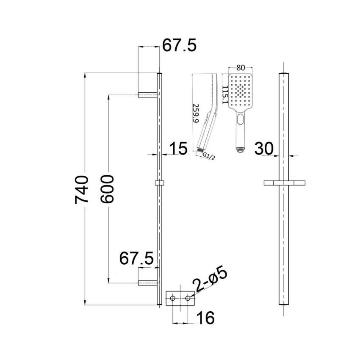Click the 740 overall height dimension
click(82, 189)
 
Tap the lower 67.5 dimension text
click(136, 258)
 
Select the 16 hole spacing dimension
click(205, 317)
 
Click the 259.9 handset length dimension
click(196, 113)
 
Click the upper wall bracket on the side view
click(149, 94)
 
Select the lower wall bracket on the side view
click(149, 282)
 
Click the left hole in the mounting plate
click(173, 299)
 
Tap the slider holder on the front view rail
click(284, 183)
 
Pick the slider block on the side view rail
click(160, 183)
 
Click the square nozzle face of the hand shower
click(240, 91)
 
